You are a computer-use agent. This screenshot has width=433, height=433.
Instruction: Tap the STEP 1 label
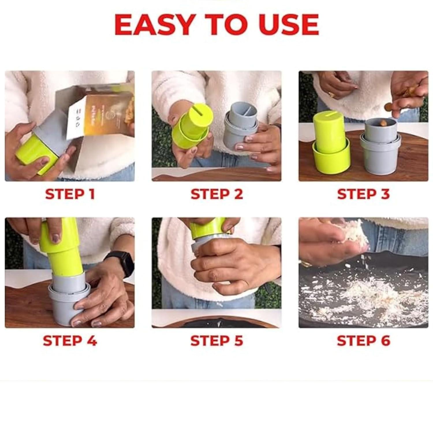point(70,194)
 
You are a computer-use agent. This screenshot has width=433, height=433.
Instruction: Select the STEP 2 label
point(216,194)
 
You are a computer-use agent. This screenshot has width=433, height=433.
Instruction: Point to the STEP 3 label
point(363,194)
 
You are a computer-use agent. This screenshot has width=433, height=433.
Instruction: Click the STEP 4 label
point(70,341)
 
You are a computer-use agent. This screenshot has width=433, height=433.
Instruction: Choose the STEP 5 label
point(216,341)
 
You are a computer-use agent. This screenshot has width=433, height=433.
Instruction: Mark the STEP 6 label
point(363,341)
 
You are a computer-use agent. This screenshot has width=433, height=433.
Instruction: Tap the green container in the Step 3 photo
point(331,141)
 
